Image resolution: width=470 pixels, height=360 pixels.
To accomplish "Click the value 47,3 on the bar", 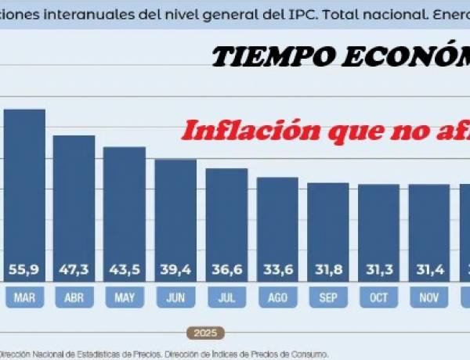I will [x=74, y=270].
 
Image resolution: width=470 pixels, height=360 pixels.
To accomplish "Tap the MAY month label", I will [x=125, y=297].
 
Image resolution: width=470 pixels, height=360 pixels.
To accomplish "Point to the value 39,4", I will [x=175, y=270].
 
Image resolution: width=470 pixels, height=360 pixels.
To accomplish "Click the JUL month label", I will [x=226, y=297].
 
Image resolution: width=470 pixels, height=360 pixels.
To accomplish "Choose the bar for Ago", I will [x=277, y=219].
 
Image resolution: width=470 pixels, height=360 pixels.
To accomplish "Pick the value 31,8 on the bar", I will [x=328, y=270].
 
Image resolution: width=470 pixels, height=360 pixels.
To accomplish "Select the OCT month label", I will [x=379, y=297].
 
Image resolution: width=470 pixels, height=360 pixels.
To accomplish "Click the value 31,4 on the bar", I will [x=429, y=270].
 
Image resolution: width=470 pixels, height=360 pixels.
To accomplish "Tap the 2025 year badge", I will [x=205, y=333].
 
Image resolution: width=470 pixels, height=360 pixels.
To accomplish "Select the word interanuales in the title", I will [x=74, y=14].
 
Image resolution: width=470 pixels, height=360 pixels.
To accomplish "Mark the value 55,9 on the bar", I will [x=24, y=270].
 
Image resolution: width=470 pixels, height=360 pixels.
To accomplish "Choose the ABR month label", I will [x=74, y=297].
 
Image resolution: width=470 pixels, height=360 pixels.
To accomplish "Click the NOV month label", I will [x=429, y=297].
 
